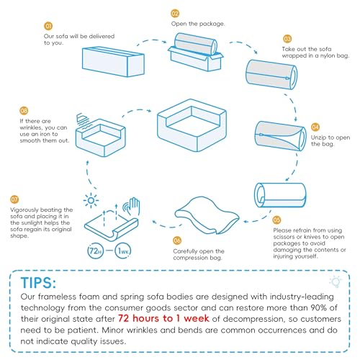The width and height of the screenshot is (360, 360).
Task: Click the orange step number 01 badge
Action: [x=48, y=26]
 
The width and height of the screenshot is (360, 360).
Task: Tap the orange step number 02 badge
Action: [x=175, y=14]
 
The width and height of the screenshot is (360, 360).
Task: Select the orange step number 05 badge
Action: [x=276, y=220]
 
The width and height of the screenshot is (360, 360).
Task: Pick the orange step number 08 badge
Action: [x=24, y=111]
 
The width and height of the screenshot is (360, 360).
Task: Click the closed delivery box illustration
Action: [x=113, y=62]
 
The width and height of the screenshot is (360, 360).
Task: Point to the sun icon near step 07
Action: [x=91, y=200]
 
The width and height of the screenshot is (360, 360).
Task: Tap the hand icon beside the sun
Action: [x=132, y=206]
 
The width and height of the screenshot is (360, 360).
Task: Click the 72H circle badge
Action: [x=95, y=251]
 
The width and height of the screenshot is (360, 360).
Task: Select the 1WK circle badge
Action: [x=123, y=251]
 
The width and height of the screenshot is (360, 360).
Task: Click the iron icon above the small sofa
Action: [x=82, y=121]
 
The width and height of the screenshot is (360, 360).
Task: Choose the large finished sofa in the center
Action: [x=192, y=125]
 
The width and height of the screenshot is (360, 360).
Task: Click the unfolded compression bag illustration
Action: [x=207, y=215]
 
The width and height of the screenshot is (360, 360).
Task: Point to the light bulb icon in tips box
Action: [x=336, y=282]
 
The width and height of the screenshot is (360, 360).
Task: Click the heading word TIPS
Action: [x=38, y=283]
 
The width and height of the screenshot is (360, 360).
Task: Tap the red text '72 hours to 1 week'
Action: [x=163, y=318]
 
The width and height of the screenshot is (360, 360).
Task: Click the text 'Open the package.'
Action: [x=198, y=24]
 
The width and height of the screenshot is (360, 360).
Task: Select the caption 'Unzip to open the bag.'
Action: [x=330, y=140]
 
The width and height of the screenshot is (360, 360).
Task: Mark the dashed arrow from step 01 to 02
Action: [x=152, y=41]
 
